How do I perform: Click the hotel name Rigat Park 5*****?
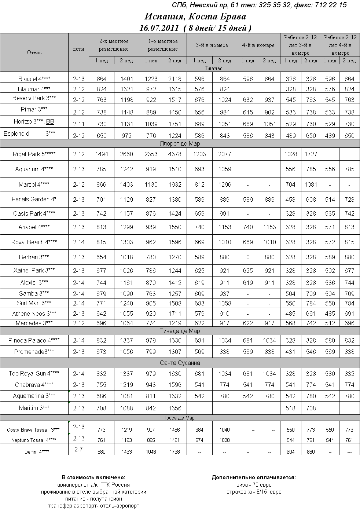tap(34, 154)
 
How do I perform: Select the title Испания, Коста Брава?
tap(195, 17)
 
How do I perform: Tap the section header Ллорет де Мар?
tap(180, 144)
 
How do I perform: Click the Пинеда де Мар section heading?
tap(180, 331)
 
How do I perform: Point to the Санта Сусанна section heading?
tap(180, 363)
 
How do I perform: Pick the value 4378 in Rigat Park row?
tap(175, 154)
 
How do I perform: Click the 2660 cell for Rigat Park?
tap(126, 154)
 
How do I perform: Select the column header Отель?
tap(34, 52)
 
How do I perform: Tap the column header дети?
tap(78, 49)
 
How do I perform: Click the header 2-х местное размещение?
tap(114, 45)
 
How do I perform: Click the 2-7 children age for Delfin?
tap(78, 449)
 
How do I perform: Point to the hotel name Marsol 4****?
tap(34, 184)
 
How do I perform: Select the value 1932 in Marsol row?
tap(175, 184)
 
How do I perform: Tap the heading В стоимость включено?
tap(93, 477)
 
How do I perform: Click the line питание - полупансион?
tap(93, 499)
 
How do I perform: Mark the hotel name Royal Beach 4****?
tap(34, 242)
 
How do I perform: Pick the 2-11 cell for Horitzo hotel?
tap(78, 124)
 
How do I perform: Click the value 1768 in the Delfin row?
tap(175, 452)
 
